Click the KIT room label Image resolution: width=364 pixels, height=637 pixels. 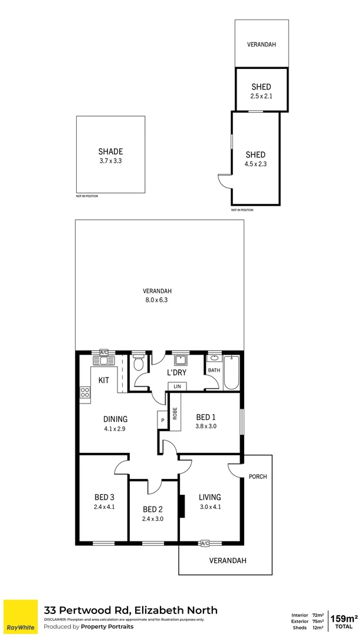103,380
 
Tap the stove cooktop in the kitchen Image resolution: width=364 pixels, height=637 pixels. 85,392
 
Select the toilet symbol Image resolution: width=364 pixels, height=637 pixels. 139,363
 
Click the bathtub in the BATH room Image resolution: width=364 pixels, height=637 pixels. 232,372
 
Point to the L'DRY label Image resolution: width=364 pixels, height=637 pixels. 177,373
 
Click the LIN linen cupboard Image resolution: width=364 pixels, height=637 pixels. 177,386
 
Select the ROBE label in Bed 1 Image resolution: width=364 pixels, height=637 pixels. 175,413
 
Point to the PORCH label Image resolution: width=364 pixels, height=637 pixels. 258,477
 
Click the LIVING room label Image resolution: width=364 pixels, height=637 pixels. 209,497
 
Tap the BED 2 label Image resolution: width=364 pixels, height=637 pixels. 152,509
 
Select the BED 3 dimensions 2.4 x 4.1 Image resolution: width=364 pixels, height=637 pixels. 104,506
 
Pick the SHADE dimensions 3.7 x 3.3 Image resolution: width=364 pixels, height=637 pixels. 110,160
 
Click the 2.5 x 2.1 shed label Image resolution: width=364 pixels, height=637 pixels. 261,96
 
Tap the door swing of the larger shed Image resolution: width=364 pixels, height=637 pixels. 224,181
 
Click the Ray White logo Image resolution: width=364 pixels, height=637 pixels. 20,617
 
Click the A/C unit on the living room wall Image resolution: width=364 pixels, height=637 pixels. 205,543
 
